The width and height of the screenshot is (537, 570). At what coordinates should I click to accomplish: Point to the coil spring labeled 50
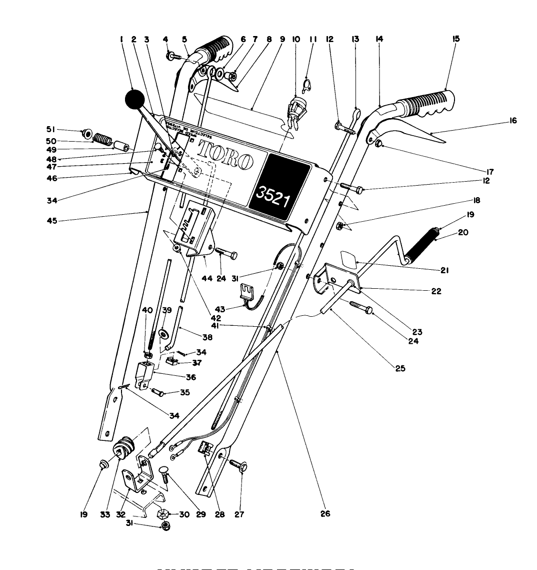coord(102,139)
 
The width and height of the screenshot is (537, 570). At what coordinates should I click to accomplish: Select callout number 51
coord(50,128)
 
